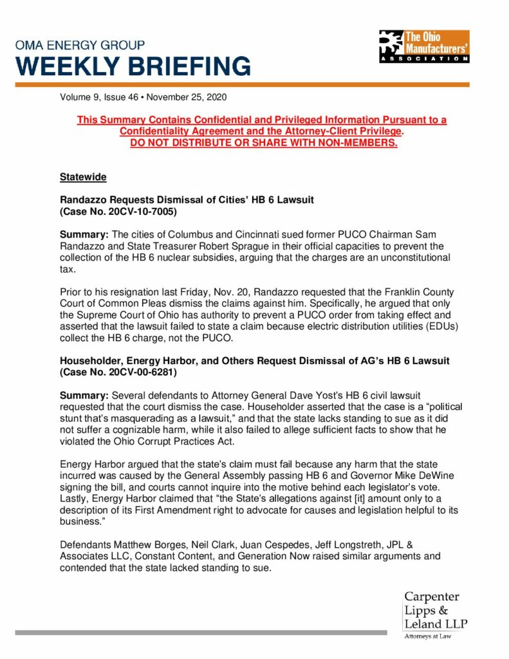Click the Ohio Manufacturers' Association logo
coord(424,46)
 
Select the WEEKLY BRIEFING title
coord(133,66)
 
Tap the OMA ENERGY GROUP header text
coord(80,45)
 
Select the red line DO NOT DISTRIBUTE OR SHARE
coord(263,142)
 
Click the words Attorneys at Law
coord(428,637)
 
